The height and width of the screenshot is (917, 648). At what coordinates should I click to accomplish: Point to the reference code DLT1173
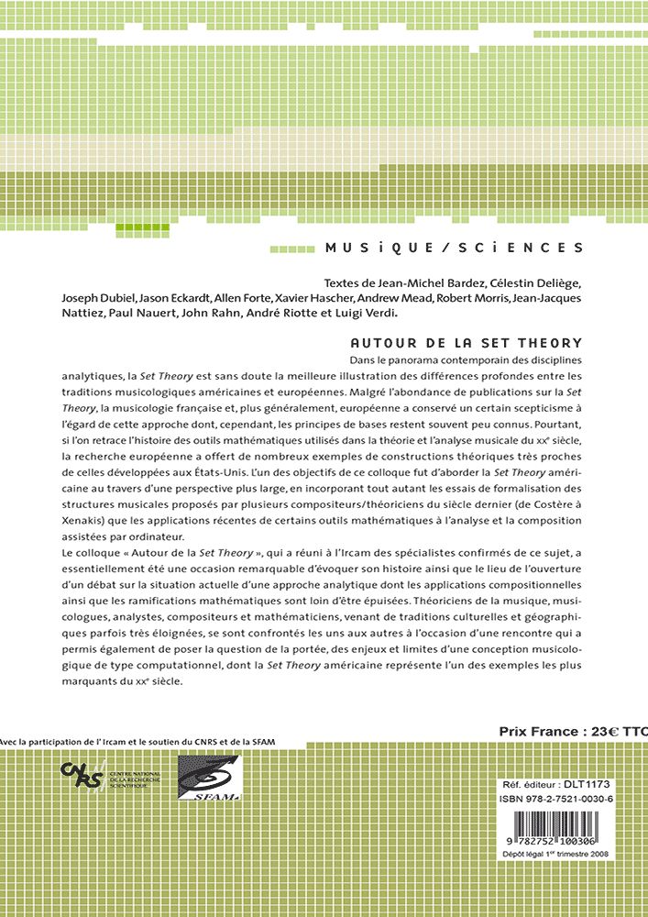[x=587, y=785]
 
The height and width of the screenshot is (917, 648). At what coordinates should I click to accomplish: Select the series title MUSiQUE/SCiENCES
[x=455, y=248]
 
